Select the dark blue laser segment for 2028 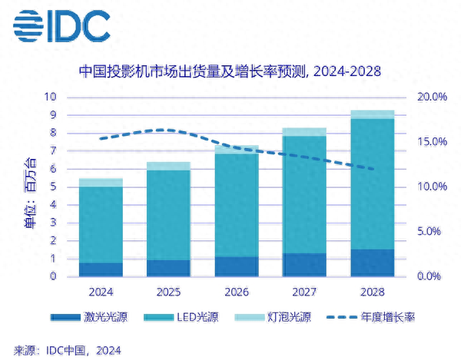tap(373, 263)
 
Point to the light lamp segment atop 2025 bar tap(169, 166)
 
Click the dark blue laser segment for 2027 tap(305, 264)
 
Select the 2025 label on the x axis tap(169, 292)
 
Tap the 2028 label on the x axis tap(373, 292)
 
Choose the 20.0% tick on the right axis tap(430, 97)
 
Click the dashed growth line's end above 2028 tap(373, 170)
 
